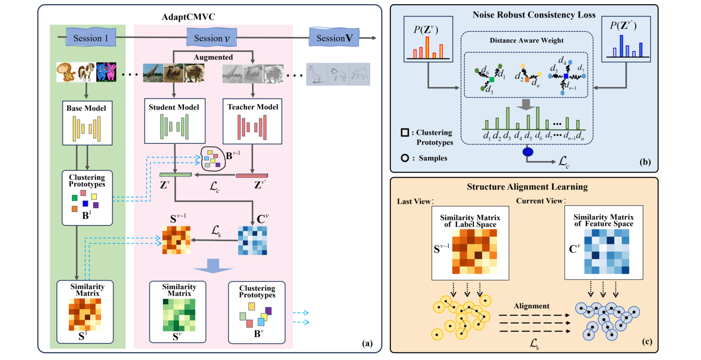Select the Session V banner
pos(334,38)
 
